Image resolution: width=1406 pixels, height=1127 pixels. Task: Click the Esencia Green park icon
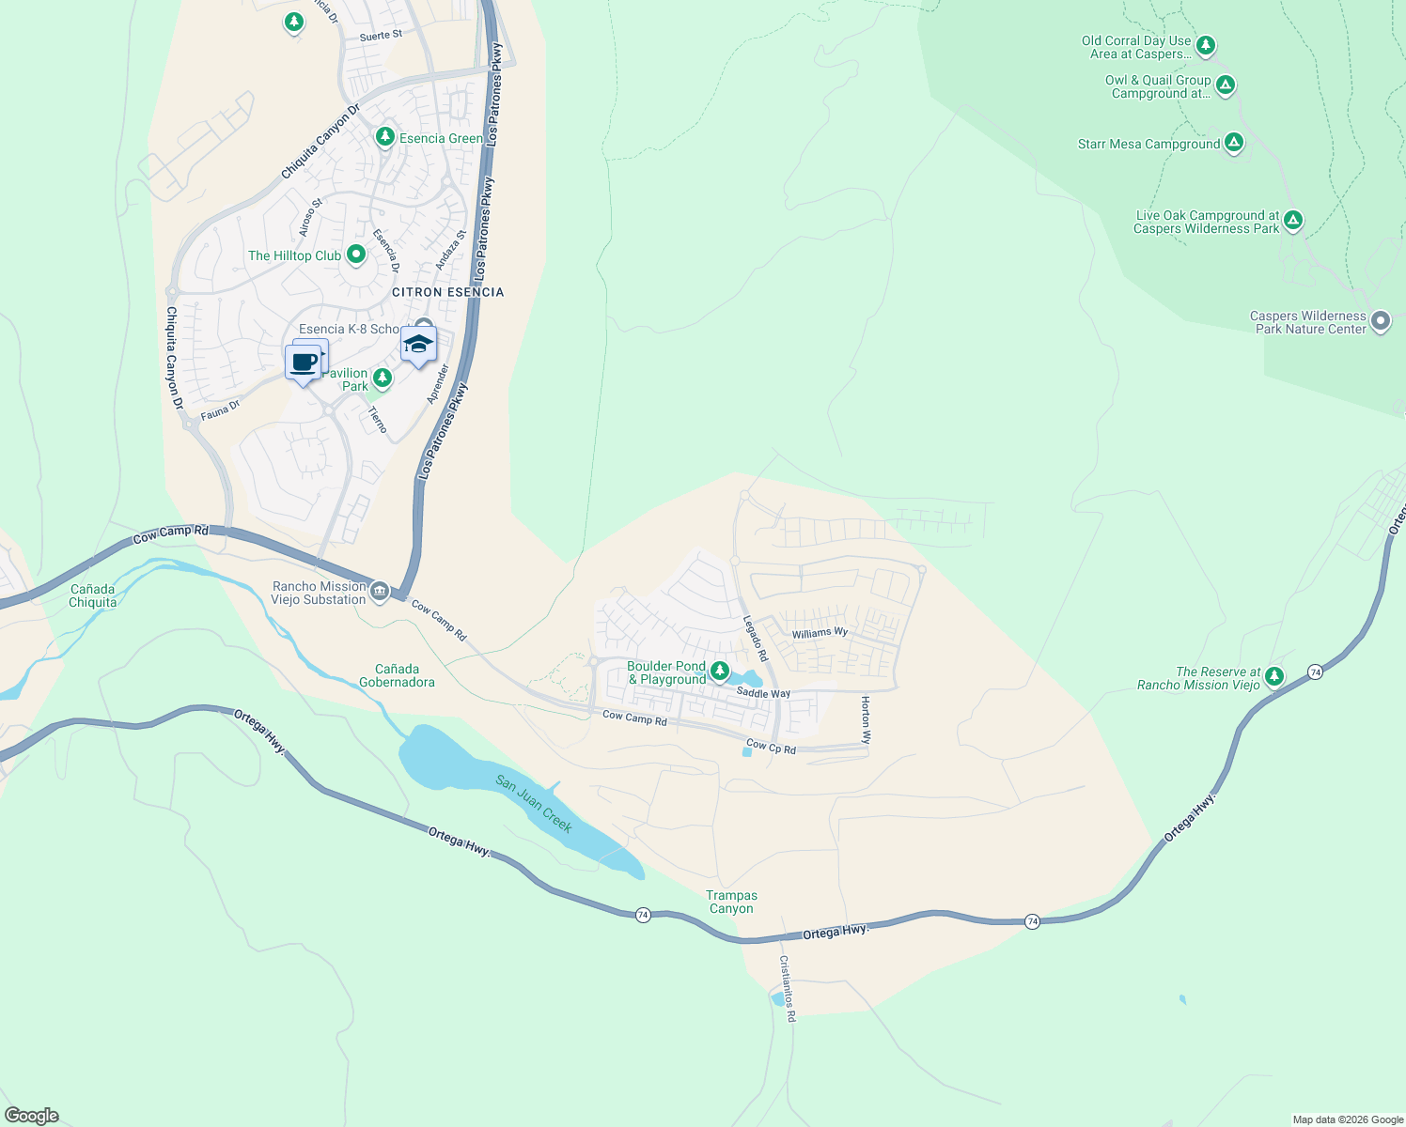[384, 138]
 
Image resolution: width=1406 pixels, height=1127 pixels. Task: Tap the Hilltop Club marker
[356, 255]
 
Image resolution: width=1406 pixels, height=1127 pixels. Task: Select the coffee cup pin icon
[304, 363]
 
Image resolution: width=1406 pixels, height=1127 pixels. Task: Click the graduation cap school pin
[418, 345]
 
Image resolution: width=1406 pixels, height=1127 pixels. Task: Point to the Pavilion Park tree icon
[382, 378]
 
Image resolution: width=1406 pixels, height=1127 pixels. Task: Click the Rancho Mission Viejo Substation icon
[380, 591]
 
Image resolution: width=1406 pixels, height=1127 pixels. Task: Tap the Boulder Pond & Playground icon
[719, 671]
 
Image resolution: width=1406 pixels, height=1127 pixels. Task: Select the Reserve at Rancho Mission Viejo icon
[1273, 676]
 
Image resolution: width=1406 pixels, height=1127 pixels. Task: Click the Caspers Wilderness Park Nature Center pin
[1380, 321]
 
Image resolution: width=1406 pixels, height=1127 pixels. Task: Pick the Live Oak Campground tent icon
[1293, 221]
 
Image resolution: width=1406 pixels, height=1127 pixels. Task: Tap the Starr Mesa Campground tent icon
[1234, 143]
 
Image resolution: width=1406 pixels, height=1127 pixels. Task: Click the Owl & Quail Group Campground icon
[1225, 85]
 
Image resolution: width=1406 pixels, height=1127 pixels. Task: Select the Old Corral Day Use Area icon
[1205, 45]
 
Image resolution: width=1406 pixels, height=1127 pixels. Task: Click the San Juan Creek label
[534, 804]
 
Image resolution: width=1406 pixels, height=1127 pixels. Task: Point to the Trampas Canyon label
[731, 903]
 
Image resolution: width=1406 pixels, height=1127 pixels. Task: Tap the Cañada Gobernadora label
[397, 675]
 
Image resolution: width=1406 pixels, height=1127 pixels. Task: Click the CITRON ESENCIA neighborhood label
[447, 292]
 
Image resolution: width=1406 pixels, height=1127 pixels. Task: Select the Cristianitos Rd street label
[787, 989]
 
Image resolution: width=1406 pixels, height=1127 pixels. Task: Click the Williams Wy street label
[820, 633]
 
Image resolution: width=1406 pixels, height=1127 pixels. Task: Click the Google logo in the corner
[32, 1116]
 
